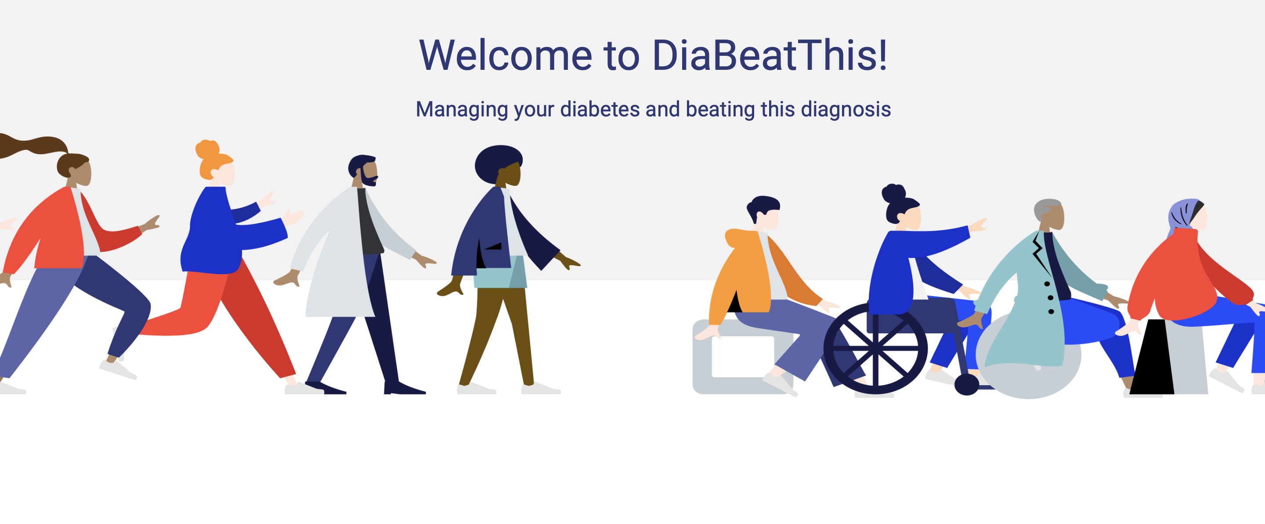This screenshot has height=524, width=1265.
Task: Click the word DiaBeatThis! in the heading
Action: tap(770, 55)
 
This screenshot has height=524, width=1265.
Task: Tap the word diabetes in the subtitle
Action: tap(600, 109)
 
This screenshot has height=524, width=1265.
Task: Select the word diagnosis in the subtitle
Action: tap(846, 109)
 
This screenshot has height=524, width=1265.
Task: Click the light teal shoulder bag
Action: tap(500, 271)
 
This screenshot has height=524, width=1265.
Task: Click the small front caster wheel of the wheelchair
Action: tap(966, 384)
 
